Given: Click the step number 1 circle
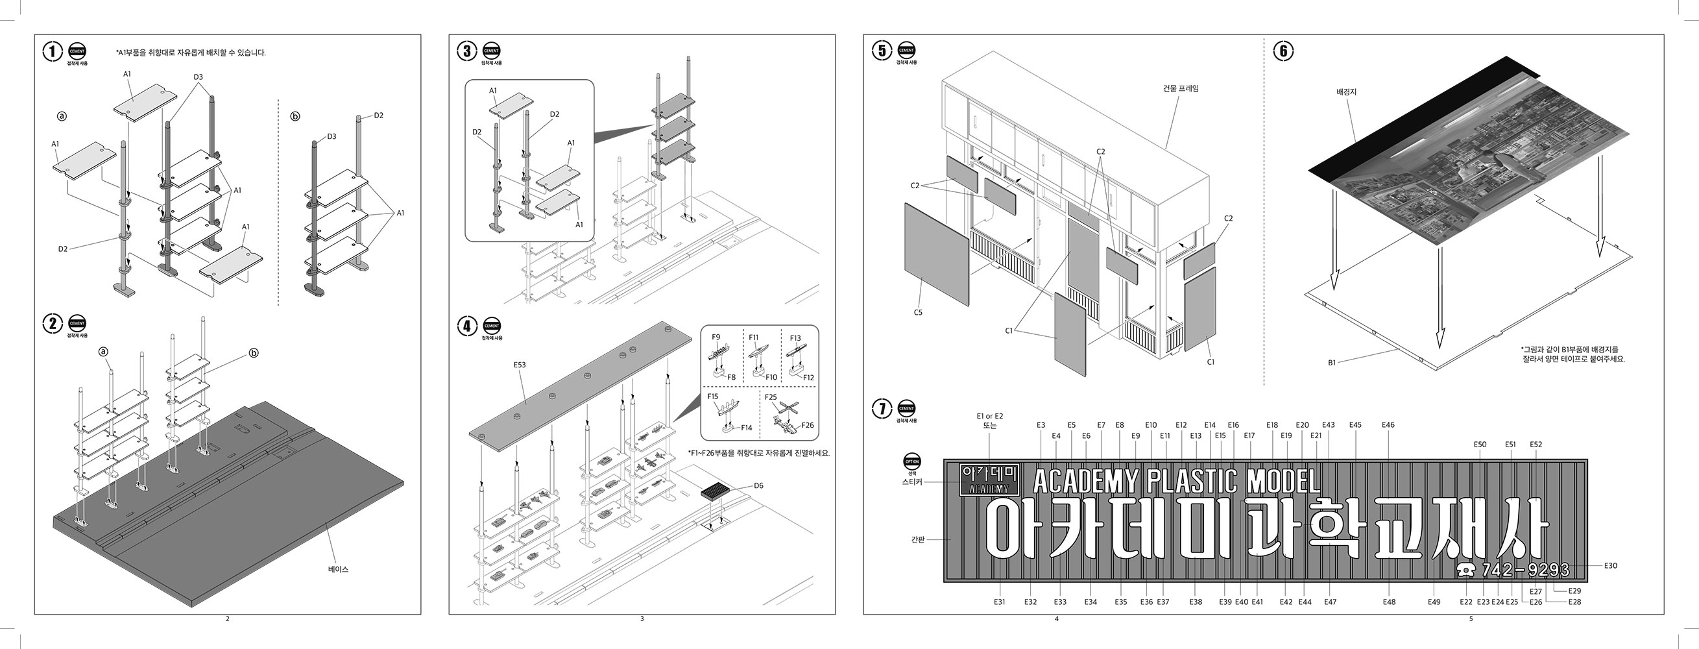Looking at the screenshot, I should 53,51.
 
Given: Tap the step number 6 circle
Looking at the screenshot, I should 1283,51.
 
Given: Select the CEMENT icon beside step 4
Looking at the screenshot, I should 491,326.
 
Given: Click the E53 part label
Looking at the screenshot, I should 520,364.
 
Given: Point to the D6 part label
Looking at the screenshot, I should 758,485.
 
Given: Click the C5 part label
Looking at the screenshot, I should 917,313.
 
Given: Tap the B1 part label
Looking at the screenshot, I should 1332,362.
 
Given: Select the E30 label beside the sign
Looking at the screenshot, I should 1610,565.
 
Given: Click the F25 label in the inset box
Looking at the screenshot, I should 770,397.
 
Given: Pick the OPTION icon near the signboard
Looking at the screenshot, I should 912,461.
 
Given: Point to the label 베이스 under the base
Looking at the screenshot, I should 338,569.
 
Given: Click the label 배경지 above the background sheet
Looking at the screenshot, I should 1346,92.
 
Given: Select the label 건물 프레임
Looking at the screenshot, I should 1181,88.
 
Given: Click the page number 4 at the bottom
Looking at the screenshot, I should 1057,618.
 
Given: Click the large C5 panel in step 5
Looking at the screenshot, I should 937,254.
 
